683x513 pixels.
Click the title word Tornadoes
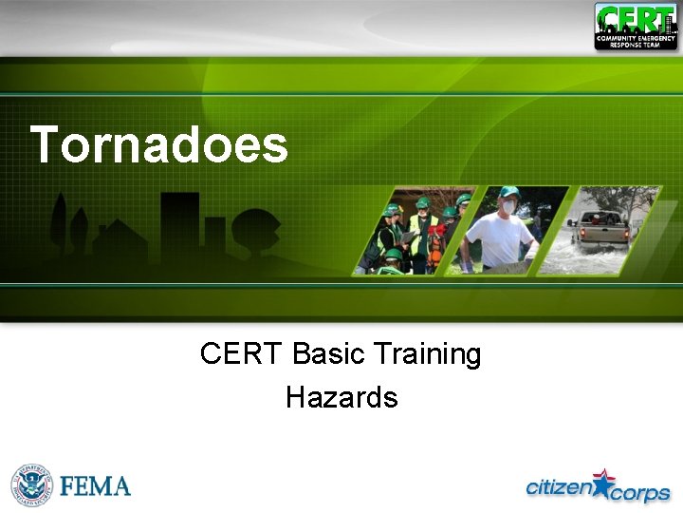point(158,145)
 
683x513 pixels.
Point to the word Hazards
point(341,397)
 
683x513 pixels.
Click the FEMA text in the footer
point(95,486)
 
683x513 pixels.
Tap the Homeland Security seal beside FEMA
point(32,485)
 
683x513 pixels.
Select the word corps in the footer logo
point(640,493)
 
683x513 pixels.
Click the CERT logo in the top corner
point(635,26)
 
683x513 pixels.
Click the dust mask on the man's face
point(509,207)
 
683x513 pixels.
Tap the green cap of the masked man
point(509,192)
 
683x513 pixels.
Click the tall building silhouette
point(180,228)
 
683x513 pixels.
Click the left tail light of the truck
point(581,231)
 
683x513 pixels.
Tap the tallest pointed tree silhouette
point(60,223)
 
